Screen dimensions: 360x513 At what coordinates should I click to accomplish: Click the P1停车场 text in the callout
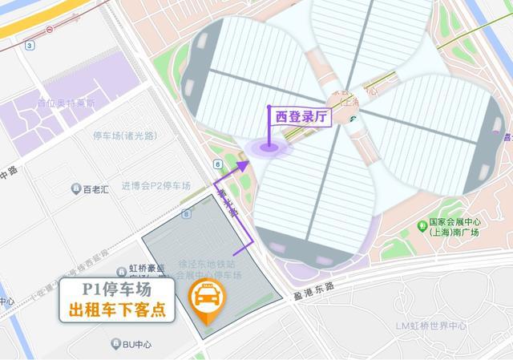117,290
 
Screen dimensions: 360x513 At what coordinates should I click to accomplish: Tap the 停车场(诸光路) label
124,136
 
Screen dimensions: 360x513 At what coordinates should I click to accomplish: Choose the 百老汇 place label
99,189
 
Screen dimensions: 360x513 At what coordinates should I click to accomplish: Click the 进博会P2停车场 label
156,186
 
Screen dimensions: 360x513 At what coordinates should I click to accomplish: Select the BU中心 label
137,344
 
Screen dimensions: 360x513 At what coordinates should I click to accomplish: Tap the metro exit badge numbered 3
30,46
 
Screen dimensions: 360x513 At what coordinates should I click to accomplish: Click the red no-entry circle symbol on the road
50,29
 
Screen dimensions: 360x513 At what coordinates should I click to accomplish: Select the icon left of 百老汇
75,189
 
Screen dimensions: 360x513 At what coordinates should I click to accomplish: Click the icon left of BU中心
115,344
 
